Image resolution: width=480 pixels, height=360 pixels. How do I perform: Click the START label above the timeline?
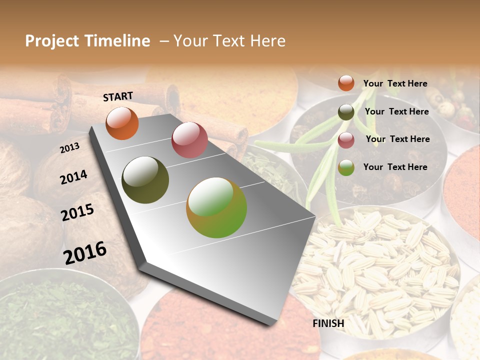click(x=118, y=96)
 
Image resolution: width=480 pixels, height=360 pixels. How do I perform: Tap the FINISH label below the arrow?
click(x=328, y=323)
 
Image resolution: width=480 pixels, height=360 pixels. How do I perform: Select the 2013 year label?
click(x=69, y=148)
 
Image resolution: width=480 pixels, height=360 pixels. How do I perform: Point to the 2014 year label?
click(x=74, y=177)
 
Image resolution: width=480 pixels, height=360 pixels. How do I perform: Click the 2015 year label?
click(x=77, y=212)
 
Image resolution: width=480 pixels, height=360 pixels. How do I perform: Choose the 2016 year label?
click(x=85, y=252)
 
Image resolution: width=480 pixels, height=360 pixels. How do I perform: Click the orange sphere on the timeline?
click(x=122, y=123)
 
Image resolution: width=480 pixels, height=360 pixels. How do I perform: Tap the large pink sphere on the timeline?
click(x=189, y=139)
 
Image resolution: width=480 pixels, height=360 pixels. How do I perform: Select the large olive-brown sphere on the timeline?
click(x=145, y=180)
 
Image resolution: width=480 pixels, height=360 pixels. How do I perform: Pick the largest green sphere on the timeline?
click(x=216, y=207)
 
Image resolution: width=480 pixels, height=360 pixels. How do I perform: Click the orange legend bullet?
click(x=346, y=83)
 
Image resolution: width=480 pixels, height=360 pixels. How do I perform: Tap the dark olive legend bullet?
click(x=346, y=112)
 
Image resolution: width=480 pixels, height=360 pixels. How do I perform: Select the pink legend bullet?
click(x=346, y=140)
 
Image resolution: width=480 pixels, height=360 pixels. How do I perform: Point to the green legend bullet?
click(x=346, y=167)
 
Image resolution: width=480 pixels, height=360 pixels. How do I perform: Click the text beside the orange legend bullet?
click(x=395, y=83)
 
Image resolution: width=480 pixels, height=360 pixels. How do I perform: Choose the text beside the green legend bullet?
click(x=395, y=167)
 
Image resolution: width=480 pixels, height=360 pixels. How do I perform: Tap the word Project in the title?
click(x=51, y=41)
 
